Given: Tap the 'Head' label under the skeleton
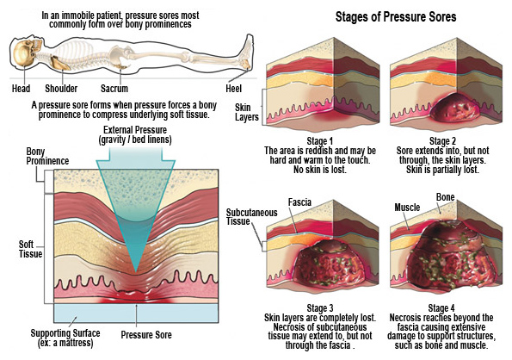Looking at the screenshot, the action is (x=21, y=89).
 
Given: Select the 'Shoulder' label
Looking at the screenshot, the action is (x=61, y=89).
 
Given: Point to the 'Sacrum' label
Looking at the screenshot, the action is (x=114, y=89).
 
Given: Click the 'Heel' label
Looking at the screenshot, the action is (x=233, y=89).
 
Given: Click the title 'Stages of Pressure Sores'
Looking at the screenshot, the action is (x=396, y=16).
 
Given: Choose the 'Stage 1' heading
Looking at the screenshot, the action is (x=319, y=141).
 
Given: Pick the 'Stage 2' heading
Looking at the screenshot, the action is (x=442, y=141).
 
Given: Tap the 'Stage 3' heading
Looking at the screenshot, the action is (x=320, y=308).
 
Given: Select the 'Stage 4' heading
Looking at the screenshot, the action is (x=441, y=308).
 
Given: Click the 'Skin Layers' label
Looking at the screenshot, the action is (x=246, y=112).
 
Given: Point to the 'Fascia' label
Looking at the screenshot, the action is (x=299, y=202).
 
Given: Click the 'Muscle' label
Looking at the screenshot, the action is (x=407, y=208).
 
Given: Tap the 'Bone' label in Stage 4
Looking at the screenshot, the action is (x=446, y=197).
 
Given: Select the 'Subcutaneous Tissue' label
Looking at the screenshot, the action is (x=251, y=217).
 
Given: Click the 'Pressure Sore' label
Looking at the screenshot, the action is (x=146, y=335).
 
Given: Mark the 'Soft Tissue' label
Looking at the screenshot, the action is (x=30, y=249).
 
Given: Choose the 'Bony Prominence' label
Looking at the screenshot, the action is (x=47, y=156).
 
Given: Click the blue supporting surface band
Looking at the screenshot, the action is (x=136, y=313).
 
